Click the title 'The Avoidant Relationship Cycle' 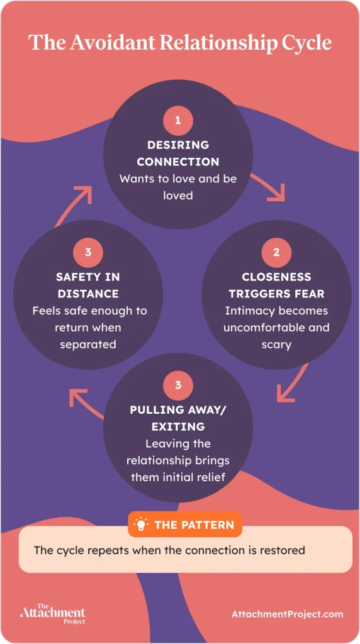pyautogui.click(x=179, y=43)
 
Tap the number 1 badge pyautogui.click(x=178, y=120)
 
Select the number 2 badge pyautogui.click(x=276, y=252)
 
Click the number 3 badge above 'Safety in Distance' pyautogui.click(x=88, y=252)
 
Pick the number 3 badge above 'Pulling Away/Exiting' pyautogui.click(x=178, y=384)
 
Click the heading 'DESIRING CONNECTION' pyautogui.click(x=178, y=153)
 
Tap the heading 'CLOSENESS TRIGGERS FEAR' pyautogui.click(x=276, y=285)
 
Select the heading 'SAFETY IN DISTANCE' pyautogui.click(x=88, y=285)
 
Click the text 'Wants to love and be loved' pyautogui.click(x=178, y=187)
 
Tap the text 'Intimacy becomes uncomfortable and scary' pyautogui.click(x=276, y=328)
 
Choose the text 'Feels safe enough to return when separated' pyautogui.click(x=88, y=328)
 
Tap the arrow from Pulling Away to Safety pyautogui.click(x=84, y=402)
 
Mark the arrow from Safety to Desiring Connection pyautogui.click(x=76, y=202)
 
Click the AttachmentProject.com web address pyautogui.click(x=287, y=614)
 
